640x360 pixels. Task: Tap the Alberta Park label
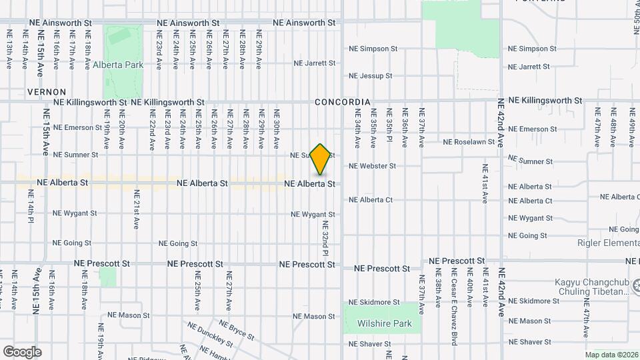click(x=119, y=65)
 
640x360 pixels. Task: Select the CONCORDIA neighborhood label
click(x=342, y=102)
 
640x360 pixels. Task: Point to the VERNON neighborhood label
click(x=47, y=91)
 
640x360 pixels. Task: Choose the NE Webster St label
click(x=372, y=166)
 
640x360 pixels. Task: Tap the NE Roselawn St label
click(x=469, y=142)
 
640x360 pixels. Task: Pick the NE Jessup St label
click(x=370, y=76)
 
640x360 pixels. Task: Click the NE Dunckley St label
click(x=210, y=335)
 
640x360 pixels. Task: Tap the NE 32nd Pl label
click(x=326, y=238)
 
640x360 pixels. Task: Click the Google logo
click(x=22, y=352)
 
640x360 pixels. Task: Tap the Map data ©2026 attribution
click(x=611, y=355)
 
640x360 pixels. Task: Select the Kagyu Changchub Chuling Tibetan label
click(x=592, y=286)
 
